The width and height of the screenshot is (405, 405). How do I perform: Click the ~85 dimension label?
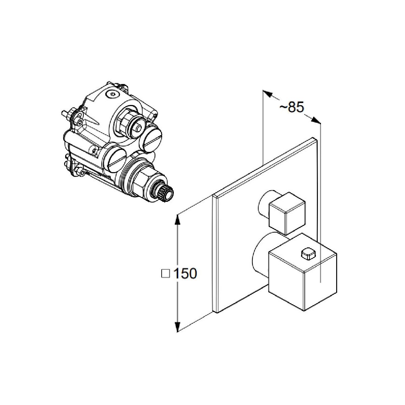pyautogui.click(x=292, y=107)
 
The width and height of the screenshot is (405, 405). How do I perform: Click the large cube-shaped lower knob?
pyautogui.click(x=303, y=271)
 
